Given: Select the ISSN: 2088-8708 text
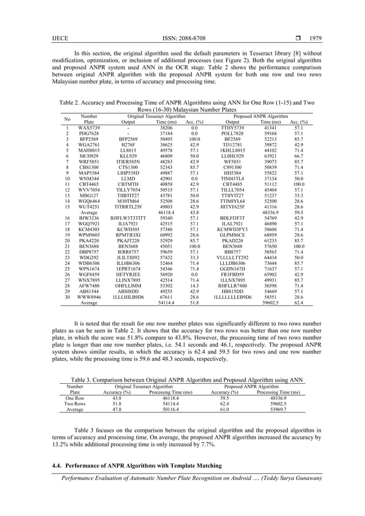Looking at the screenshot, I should tap(182, 39).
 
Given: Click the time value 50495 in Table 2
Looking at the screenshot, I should tap(165, 139).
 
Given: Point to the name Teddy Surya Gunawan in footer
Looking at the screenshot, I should tap(286, 478).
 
